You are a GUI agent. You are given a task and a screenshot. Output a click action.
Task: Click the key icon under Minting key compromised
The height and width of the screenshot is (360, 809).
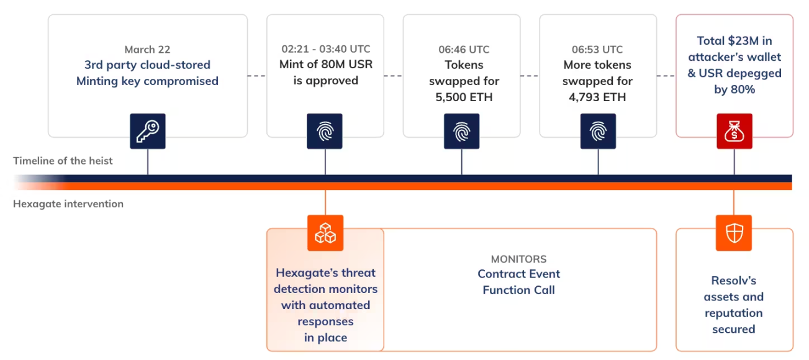coord(148,131)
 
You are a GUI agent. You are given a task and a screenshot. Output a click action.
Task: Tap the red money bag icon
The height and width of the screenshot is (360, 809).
coord(734,131)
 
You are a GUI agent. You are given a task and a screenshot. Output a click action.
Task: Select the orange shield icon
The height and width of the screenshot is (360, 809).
coord(734,233)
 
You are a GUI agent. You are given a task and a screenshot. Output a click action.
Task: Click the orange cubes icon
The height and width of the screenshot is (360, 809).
coord(325,233)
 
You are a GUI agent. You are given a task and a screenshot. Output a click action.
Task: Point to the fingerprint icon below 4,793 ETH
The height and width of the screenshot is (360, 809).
coord(598,131)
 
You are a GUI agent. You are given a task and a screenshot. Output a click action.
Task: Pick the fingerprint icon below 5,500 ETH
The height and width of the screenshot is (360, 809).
coord(461,131)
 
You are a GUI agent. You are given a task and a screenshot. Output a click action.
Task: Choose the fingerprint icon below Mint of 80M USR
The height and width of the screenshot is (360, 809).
coord(325,131)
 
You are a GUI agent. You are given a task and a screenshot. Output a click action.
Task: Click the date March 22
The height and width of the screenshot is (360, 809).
coord(147,50)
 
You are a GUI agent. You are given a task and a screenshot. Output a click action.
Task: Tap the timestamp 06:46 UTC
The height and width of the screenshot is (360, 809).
coord(461,50)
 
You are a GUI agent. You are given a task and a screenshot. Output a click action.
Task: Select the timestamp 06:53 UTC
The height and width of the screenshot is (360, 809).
coord(597,50)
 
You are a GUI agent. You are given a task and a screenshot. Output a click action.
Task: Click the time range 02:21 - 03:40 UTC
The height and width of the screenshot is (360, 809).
coord(325,49)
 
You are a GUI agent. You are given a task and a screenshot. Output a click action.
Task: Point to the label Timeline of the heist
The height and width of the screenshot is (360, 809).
coord(63,161)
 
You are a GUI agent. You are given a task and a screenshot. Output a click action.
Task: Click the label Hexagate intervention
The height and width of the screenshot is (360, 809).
coord(68,204)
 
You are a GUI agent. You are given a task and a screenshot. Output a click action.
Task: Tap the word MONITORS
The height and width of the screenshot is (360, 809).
coord(518,259)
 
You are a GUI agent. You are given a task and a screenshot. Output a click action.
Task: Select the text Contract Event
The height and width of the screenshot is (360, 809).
coord(518,274)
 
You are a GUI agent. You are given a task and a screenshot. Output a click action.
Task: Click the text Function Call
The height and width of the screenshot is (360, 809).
coord(518,290)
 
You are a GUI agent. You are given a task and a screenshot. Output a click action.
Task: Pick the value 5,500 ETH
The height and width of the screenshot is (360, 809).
coord(461,97)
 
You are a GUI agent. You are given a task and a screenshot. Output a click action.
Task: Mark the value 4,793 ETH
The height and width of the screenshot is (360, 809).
coord(597,97)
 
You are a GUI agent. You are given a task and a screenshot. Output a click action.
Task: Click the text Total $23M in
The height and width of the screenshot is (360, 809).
coord(734,41)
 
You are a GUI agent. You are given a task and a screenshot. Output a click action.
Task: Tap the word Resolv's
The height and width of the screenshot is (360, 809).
coord(734,281)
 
